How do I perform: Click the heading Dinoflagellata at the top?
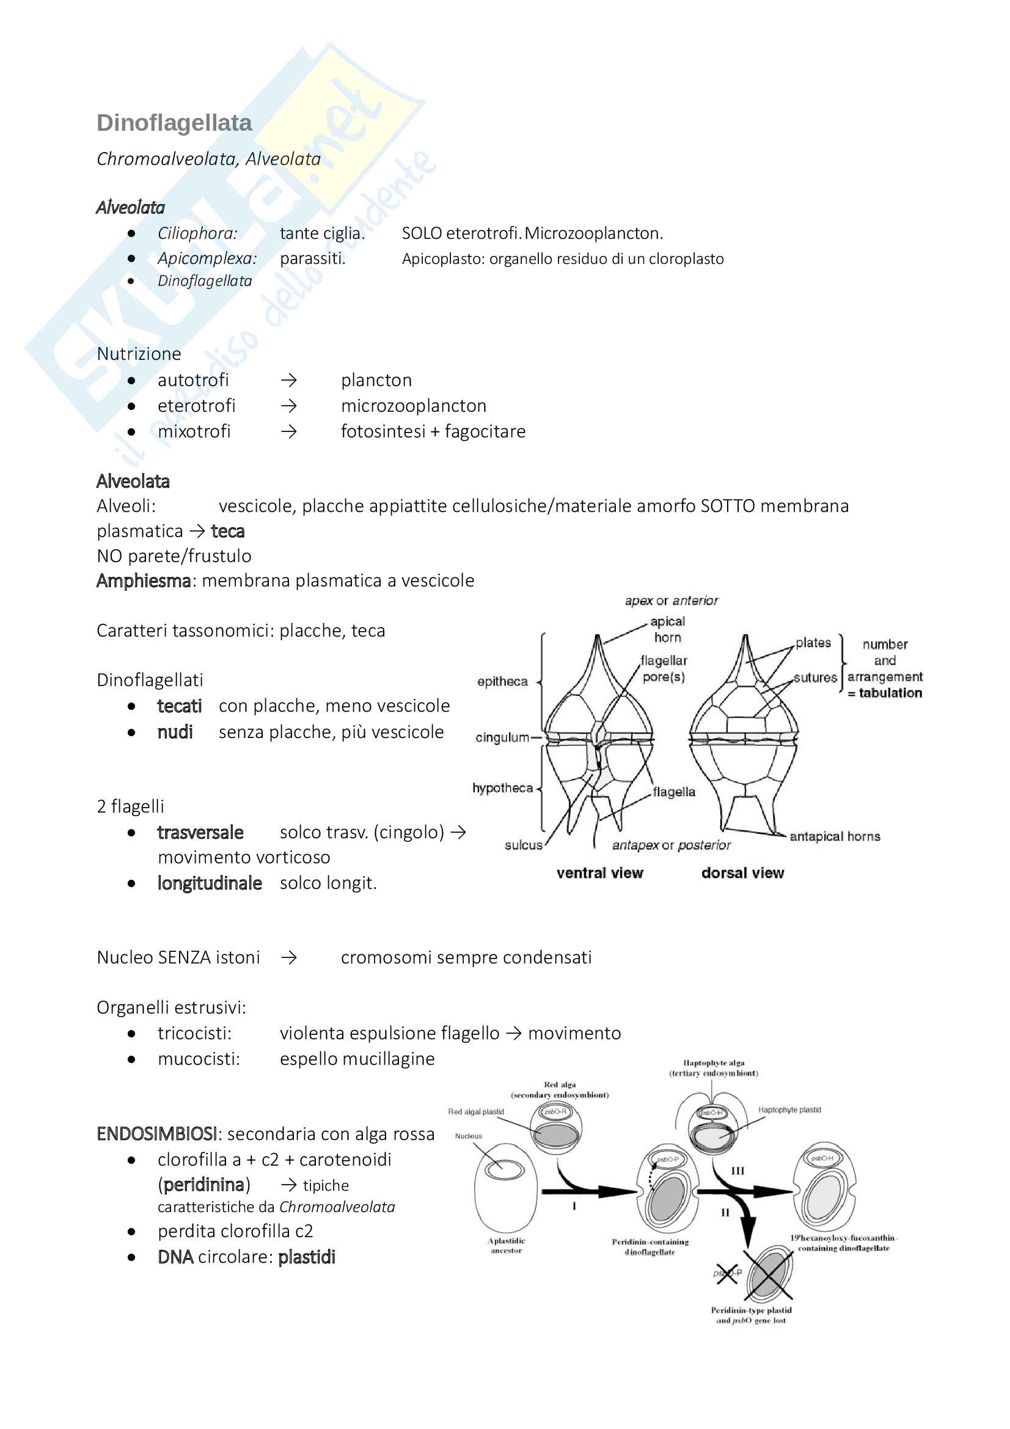(x=174, y=123)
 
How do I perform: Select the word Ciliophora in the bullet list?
(x=197, y=233)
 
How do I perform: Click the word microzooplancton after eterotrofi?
(x=413, y=406)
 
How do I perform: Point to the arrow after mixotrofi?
(x=288, y=431)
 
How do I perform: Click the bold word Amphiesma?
(x=143, y=580)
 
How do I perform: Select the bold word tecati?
(x=179, y=706)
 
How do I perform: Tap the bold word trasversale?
(x=200, y=832)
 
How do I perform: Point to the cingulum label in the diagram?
(x=502, y=737)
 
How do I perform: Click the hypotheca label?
(x=502, y=788)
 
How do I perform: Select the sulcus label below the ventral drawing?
(x=524, y=845)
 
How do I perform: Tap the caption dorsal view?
(x=742, y=873)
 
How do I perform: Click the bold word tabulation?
(x=890, y=693)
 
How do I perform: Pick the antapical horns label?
(x=835, y=836)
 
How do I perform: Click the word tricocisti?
(x=194, y=1033)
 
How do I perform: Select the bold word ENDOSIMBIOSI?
(x=157, y=1134)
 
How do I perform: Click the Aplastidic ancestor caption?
(x=506, y=1245)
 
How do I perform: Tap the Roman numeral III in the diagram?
(x=737, y=1171)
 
